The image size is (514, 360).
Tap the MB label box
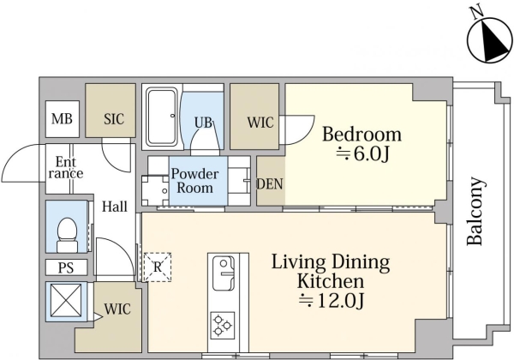pyautogui.click(x=63, y=119)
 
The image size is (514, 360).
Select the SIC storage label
pyautogui.click(x=114, y=119)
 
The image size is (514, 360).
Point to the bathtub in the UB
pyautogui.click(x=162, y=117)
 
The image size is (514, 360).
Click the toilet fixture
pyautogui.click(x=67, y=234)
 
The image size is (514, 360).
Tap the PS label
pyautogui.click(x=66, y=268)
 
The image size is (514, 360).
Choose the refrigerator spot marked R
pyautogui.click(x=158, y=267)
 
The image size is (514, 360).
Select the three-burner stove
pyautogui.click(x=223, y=325)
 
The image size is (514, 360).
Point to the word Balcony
pyautogui.click(x=475, y=212)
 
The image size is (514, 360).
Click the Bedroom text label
pyautogui.click(x=362, y=135)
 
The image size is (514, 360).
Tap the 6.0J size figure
pyautogui.click(x=362, y=154)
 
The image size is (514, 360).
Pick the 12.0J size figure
pyautogui.click(x=332, y=301)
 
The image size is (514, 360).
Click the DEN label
pyautogui.click(x=270, y=184)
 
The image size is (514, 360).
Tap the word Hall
pyautogui.click(x=115, y=207)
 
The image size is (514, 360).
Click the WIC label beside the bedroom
pyautogui.click(x=260, y=123)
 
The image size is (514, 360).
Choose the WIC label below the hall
pyautogui.click(x=117, y=309)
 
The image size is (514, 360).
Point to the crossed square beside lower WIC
pyautogui.click(x=66, y=301)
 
